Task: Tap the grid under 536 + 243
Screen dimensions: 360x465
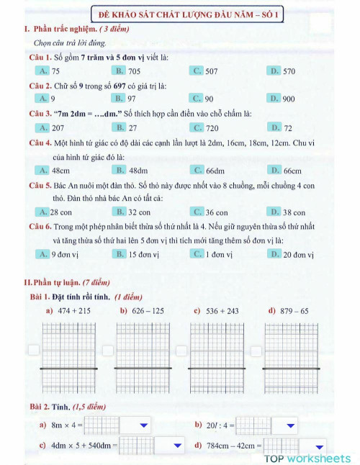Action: coord(216,356)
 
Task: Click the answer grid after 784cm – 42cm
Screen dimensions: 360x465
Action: coord(281,446)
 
